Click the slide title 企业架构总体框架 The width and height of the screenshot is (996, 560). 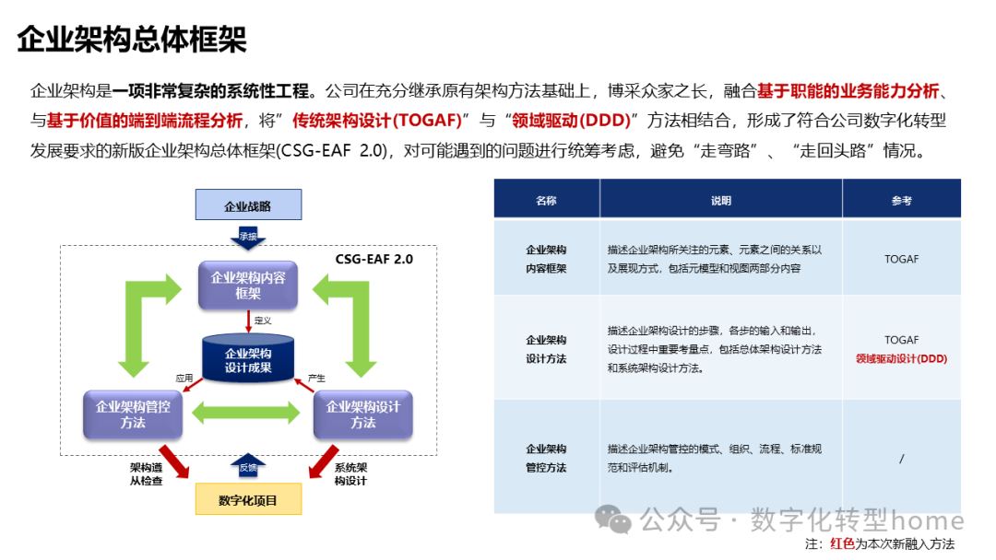coord(132,40)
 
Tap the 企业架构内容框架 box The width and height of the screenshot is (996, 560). coord(248,285)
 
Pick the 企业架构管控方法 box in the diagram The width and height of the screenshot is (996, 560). coord(133,414)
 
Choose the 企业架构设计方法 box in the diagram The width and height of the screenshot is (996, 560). coord(363,414)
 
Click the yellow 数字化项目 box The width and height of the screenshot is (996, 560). coord(248,500)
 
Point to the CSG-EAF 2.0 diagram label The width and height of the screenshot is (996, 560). coord(374,260)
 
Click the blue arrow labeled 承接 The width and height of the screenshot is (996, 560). coord(248,237)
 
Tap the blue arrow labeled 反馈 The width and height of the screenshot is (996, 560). coord(248,467)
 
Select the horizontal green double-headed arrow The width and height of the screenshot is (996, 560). coord(248,414)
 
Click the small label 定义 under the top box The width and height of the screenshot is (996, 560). coord(263,321)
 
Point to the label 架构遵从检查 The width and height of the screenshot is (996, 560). coord(146,473)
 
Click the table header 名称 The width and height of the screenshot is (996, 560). coord(546,200)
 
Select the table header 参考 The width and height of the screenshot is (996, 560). coord(901,200)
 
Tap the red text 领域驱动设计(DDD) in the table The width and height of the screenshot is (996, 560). coord(901,359)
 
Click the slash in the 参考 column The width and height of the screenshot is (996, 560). coord(901,459)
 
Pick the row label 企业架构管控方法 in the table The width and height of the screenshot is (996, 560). coord(546,458)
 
